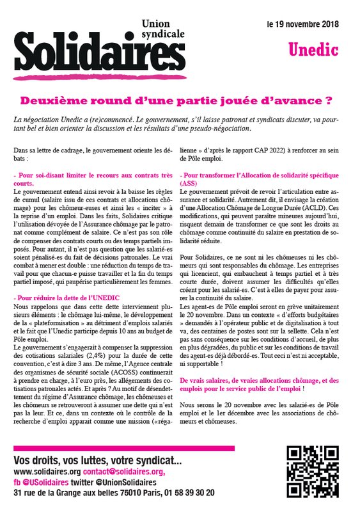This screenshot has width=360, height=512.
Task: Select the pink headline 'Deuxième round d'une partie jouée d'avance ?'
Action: (x=180, y=100)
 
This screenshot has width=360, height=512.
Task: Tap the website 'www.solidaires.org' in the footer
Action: (x=52, y=472)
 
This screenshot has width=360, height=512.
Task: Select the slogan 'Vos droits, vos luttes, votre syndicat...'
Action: (x=97, y=461)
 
